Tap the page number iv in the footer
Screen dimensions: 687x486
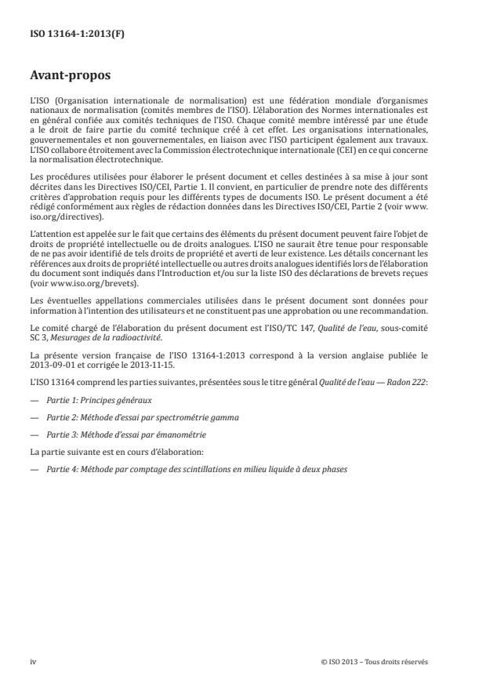(x=33, y=662)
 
